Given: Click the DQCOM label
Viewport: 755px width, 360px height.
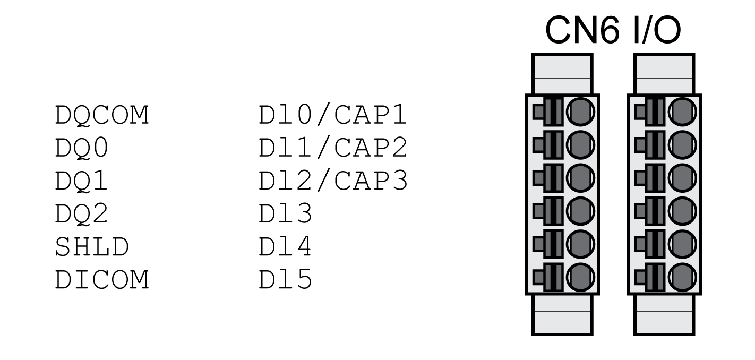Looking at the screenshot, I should pos(101,116).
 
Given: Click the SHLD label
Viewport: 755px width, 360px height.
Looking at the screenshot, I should pos(91,248).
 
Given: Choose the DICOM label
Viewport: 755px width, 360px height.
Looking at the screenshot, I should pos(101,281).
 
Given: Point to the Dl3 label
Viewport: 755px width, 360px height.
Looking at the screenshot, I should pos(281,215).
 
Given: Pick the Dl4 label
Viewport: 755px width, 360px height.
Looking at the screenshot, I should pos(281,248).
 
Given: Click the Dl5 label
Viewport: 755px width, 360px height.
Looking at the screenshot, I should pos(281,281).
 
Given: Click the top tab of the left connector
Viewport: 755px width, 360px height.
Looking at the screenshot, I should pos(562,74).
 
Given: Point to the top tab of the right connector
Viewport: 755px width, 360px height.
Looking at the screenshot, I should pos(664,74).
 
